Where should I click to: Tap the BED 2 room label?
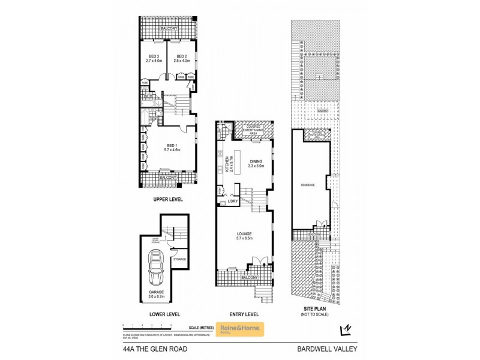point(182,56)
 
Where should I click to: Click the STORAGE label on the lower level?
point(179,259)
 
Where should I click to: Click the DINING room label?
point(256,160)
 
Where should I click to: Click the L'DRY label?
point(233,202)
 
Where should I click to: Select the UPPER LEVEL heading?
point(168,199)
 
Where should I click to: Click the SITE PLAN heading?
point(315,310)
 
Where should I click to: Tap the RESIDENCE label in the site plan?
point(307,185)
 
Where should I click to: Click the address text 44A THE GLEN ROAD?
point(148,347)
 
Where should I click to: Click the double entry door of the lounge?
point(257,262)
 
